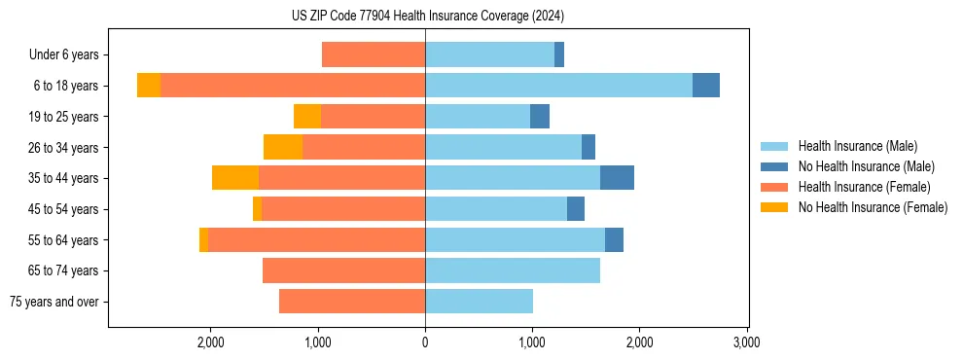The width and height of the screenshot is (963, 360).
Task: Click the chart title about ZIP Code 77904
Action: (x=427, y=17)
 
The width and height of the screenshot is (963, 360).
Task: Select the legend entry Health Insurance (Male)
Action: (x=857, y=146)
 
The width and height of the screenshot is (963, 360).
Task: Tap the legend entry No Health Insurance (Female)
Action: (x=873, y=207)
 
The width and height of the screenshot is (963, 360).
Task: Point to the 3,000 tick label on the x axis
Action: (x=746, y=343)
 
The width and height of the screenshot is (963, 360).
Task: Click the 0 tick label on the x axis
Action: (x=425, y=343)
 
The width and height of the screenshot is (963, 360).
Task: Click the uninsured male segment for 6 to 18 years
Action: (x=706, y=86)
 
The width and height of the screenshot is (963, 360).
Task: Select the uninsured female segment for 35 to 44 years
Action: (x=235, y=178)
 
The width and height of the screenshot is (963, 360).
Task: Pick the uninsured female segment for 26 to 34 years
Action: (x=283, y=147)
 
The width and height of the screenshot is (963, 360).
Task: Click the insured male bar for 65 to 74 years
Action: (x=513, y=270)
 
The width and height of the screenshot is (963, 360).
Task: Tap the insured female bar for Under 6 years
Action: (x=374, y=55)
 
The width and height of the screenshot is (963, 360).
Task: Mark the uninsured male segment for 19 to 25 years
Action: (x=540, y=117)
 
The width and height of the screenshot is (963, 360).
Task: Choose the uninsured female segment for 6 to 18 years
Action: (x=149, y=86)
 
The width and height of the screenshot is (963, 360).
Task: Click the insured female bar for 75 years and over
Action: (x=352, y=302)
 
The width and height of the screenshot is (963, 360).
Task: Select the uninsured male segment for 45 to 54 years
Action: (x=576, y=209)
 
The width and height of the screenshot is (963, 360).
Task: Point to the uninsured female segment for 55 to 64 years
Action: (x=203, y=240)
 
